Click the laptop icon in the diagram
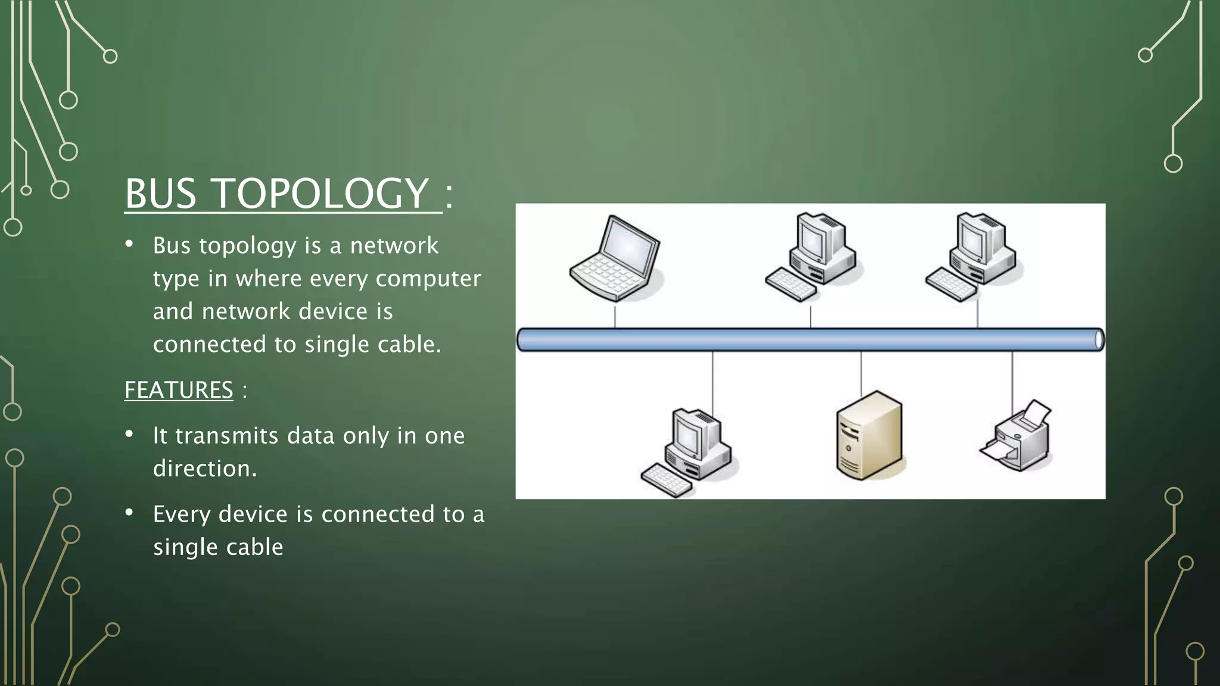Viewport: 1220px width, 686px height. (615, 259)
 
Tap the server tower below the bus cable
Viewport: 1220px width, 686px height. (869, 435)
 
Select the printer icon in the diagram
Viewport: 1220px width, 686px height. (1017, 438)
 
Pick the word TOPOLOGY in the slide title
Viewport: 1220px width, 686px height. (320, 194)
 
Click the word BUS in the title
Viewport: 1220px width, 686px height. (160, 194)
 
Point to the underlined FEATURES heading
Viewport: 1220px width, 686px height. (179, 391)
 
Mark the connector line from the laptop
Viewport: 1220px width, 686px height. (615, 315)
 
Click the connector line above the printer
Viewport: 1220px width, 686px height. (1012, 375)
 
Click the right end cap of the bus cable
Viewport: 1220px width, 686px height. (1099, 339)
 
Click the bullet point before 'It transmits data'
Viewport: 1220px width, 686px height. (129, 434)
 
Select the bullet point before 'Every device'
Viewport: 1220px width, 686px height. (129, 513)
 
